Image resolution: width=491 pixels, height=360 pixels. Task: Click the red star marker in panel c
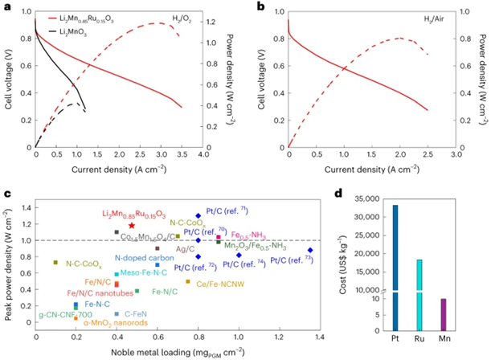[130, 227]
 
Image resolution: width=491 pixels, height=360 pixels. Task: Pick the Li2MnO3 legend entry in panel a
[84, 29]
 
